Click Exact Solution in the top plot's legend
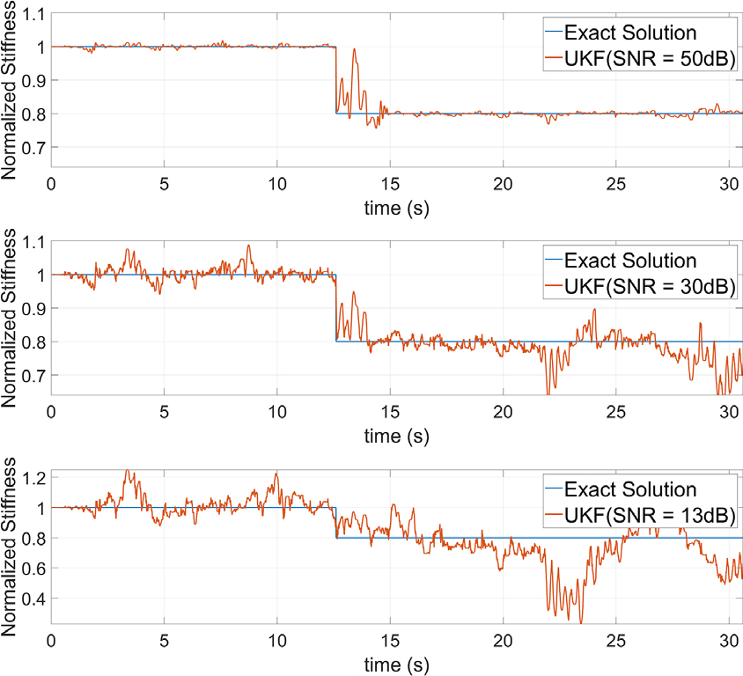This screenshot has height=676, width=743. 630,33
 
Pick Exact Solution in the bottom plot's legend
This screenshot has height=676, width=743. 630,489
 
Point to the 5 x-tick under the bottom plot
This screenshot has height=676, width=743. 164,639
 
